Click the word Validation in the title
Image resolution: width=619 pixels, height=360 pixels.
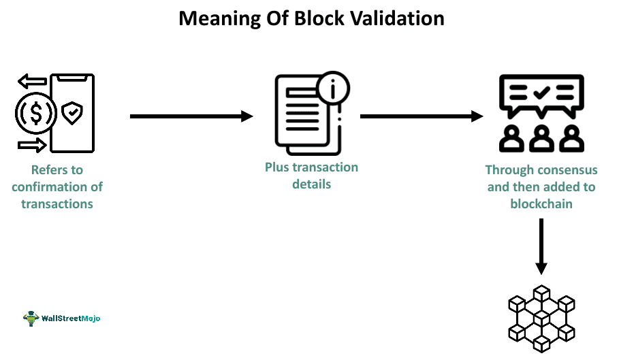click(x=398, y=18)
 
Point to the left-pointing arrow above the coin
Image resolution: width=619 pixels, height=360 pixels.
click(x=32, y=82)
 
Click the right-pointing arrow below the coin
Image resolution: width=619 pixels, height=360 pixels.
click(x=32, y=144)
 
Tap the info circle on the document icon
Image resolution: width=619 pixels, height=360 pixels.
click(x=333, y=88)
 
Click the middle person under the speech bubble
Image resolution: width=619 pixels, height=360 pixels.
click(x=541, y=138)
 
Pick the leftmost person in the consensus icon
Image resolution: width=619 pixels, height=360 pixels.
click(x=511, y=138)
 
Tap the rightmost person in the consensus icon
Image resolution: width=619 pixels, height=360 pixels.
click(x=571, y=138)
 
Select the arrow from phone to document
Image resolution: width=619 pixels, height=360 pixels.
click(x=191, y=116)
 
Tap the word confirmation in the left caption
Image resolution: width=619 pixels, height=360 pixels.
click(x=57, y=186)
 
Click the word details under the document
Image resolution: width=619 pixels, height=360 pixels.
click(x=311, y=184)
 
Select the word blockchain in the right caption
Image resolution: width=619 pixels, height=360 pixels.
click(x=541, y=203)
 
